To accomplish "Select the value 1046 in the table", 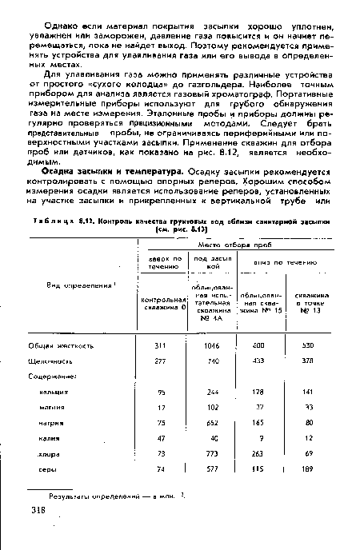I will [213, 346].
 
